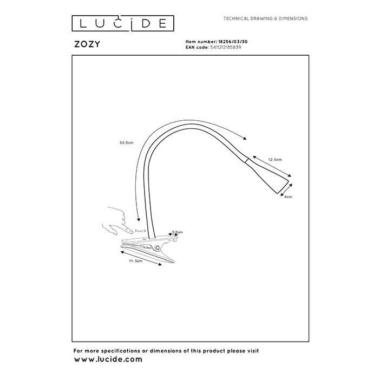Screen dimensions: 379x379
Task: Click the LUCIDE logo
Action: click(123, 23)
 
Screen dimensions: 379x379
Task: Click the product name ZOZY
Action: click(87, 44)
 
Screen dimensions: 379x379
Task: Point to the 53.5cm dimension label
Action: click(126, 142)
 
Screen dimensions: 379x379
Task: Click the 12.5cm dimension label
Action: click(275, 160)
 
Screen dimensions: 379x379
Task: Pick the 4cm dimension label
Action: click(288, 197)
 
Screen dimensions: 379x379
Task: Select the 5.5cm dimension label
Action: click(178, 232)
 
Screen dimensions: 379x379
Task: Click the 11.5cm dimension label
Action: click(135, 261)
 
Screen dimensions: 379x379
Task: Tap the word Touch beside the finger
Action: click(140, 231)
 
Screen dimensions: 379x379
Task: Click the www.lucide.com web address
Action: click(108, 359)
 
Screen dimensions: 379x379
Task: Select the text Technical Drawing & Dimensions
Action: click(265, 18)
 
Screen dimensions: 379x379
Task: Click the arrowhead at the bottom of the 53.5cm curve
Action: click(139, 219)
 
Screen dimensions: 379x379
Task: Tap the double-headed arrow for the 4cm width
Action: click(286, 190)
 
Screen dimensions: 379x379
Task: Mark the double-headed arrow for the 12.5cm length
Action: click(272, 166)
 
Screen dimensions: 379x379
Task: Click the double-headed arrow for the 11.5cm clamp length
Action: click(141, 258)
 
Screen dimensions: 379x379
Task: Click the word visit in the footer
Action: click(252, 350)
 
